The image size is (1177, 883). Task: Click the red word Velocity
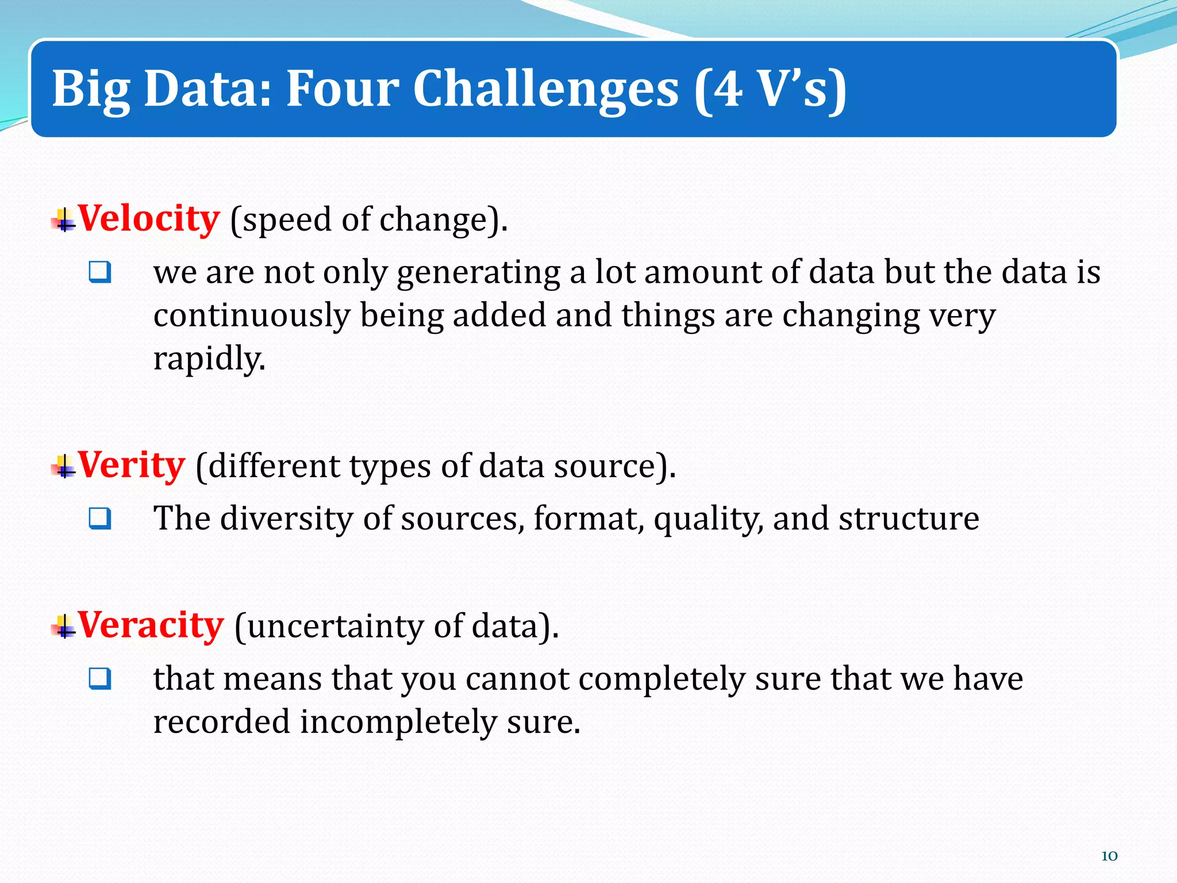pyautogui.click(x=148, y=219)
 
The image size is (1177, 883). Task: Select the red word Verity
pyautogui.click(x=131, y=465)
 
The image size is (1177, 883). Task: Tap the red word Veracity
pyautogui.click(x=150, y=625)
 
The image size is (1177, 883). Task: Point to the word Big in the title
pyautogui.click(x=91, y=90)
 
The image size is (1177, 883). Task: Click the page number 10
pyautogui.click(x=1109, y=856)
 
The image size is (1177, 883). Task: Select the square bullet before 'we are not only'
pyautogui.click(x=100, y=272)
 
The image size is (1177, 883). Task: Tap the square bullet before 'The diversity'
pyautogui.click(x=100, y=519)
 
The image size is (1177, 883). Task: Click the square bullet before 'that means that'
pyautogui.click(x=100, y=678)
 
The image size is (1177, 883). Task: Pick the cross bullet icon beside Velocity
pyautogui.click(x=64, y=220)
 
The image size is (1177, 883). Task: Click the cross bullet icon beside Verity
pyautogui.click(x=64, y=466)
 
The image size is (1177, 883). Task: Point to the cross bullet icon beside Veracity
pyautogui.click(x=64, y=626)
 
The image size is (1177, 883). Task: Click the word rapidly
pyautogui.click(x=209, y=359)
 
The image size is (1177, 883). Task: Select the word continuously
pyautogui.click(x=252, y=316)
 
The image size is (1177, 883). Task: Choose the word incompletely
pyautogui.click(x=398, y=723)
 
